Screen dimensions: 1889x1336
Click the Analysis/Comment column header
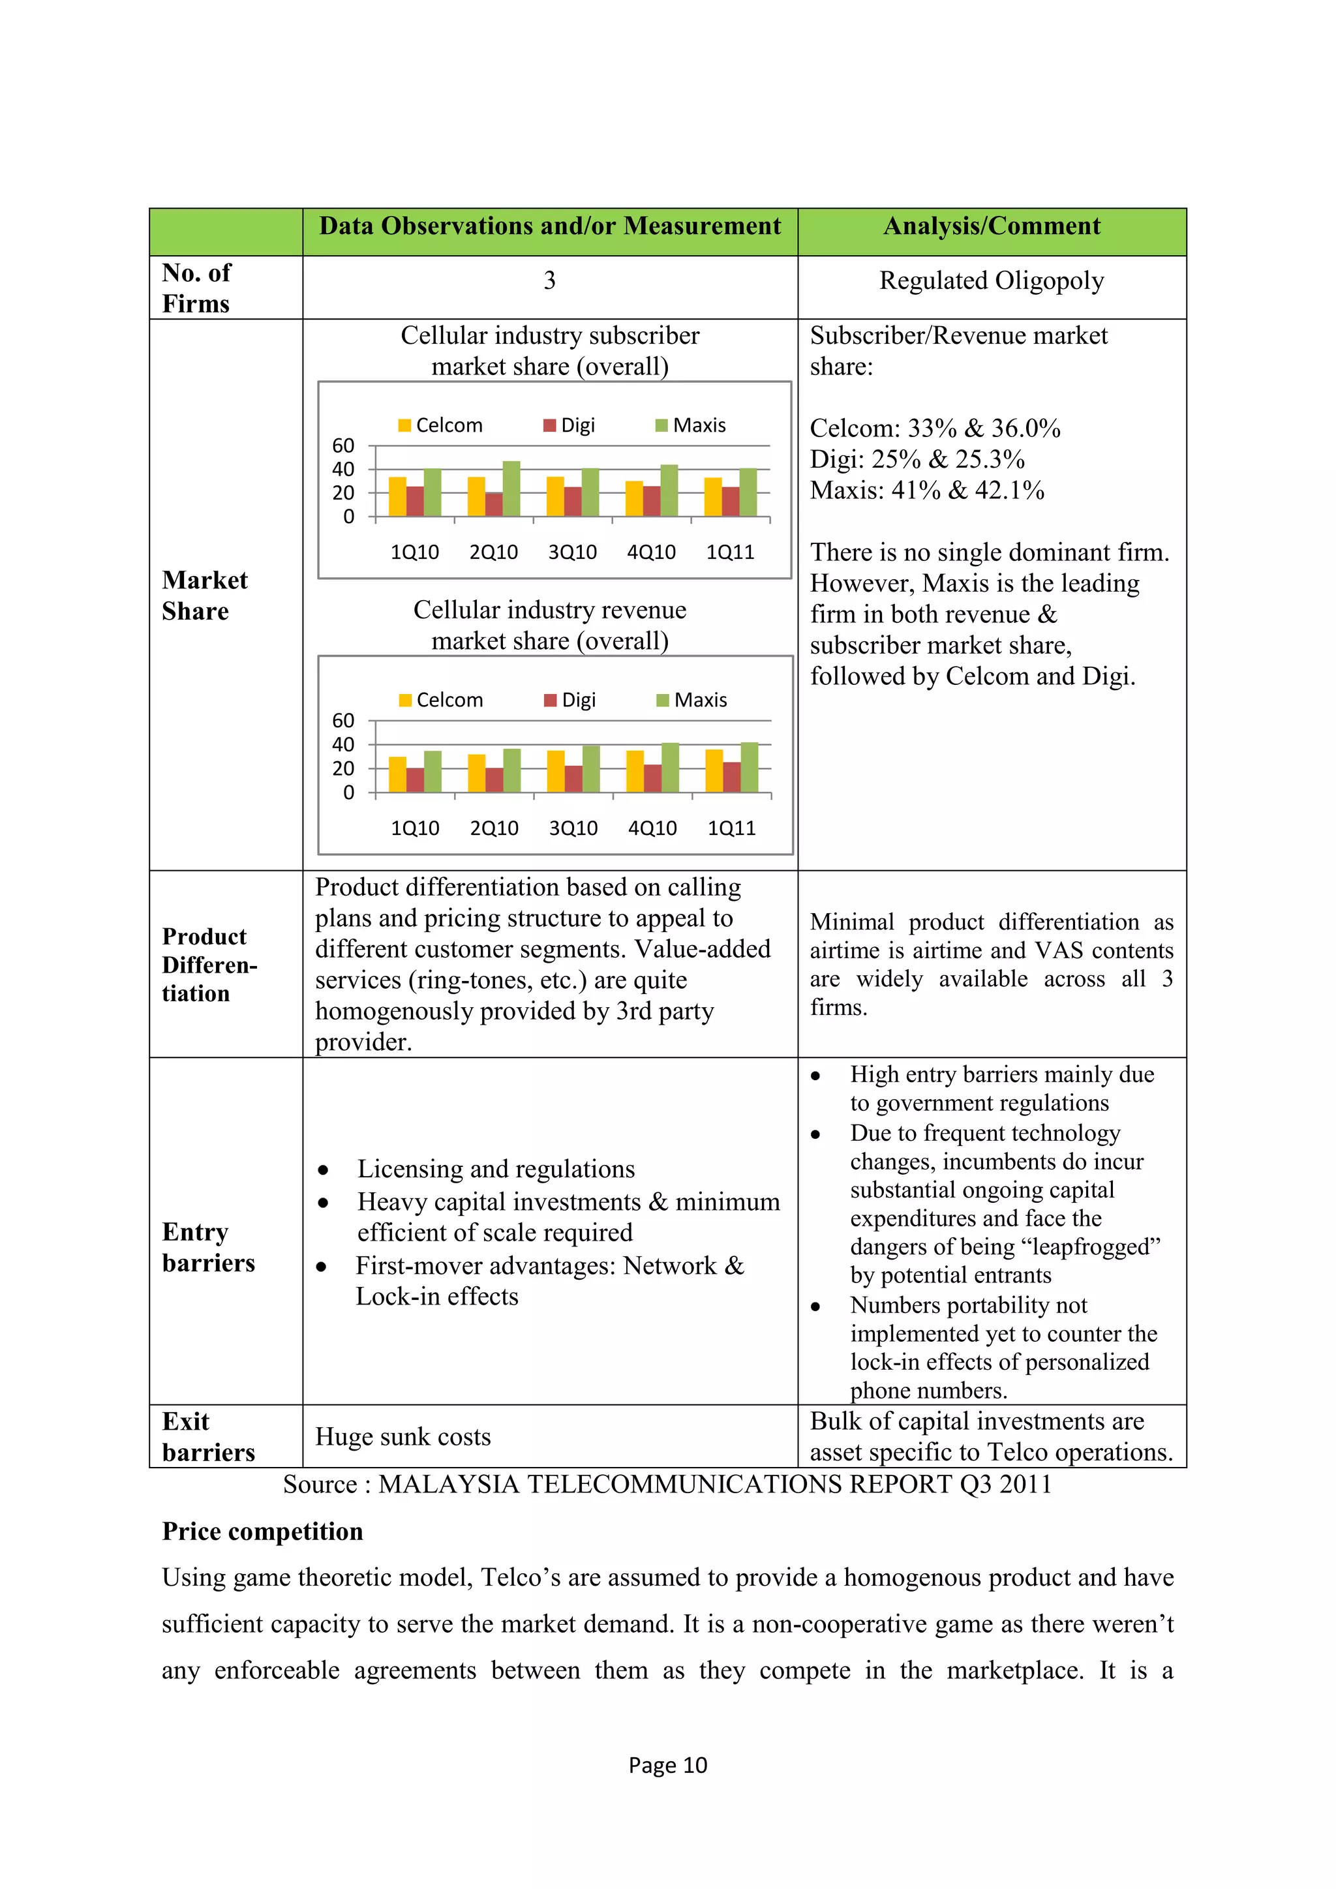(x=992, y=226)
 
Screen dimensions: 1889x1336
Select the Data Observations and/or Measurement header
(x=549, y=226)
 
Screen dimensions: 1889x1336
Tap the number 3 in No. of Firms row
(x=549, y=281)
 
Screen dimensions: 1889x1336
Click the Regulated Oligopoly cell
(x=992, y=281)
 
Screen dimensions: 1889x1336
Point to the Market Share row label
(x=204, y=596)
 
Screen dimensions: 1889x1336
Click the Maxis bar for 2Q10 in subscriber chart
(x=511, y=489)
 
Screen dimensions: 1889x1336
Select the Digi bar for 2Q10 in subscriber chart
(x=494, y=504)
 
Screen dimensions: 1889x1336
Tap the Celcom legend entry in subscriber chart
(x=440, y=425)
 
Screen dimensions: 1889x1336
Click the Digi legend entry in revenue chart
(x=570, y=700)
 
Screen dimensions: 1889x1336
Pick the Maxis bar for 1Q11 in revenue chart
(x=750, y=768)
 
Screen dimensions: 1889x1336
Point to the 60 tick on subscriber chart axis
(x=343, y=446)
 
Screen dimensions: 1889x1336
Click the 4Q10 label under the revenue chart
(x=652, y=828)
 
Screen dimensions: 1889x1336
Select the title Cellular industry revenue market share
(x=549, y=626)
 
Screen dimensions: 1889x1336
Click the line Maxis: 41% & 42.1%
(x=927, y=491)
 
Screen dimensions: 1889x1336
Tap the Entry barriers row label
(x=208, y=1247)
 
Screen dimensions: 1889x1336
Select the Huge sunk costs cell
(x=403, y=1438)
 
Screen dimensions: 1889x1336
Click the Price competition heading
(x=262, y=1532)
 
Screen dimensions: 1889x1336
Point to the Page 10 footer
(x=667, y=1766)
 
